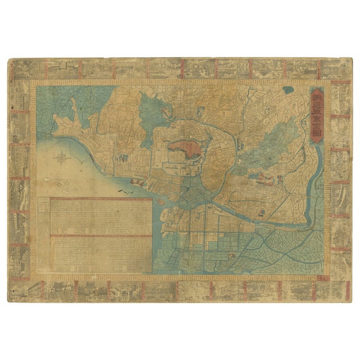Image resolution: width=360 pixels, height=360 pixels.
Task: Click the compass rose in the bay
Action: click(x=61, y=159)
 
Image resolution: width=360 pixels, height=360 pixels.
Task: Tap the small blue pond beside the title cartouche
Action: click(x=288, y=89)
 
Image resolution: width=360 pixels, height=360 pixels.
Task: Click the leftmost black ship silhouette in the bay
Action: click(x=120, y=191)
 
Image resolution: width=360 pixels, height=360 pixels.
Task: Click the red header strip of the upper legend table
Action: click(x=101, y=199)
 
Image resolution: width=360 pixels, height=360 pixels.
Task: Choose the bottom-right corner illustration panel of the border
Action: click(x=340, y=290)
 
